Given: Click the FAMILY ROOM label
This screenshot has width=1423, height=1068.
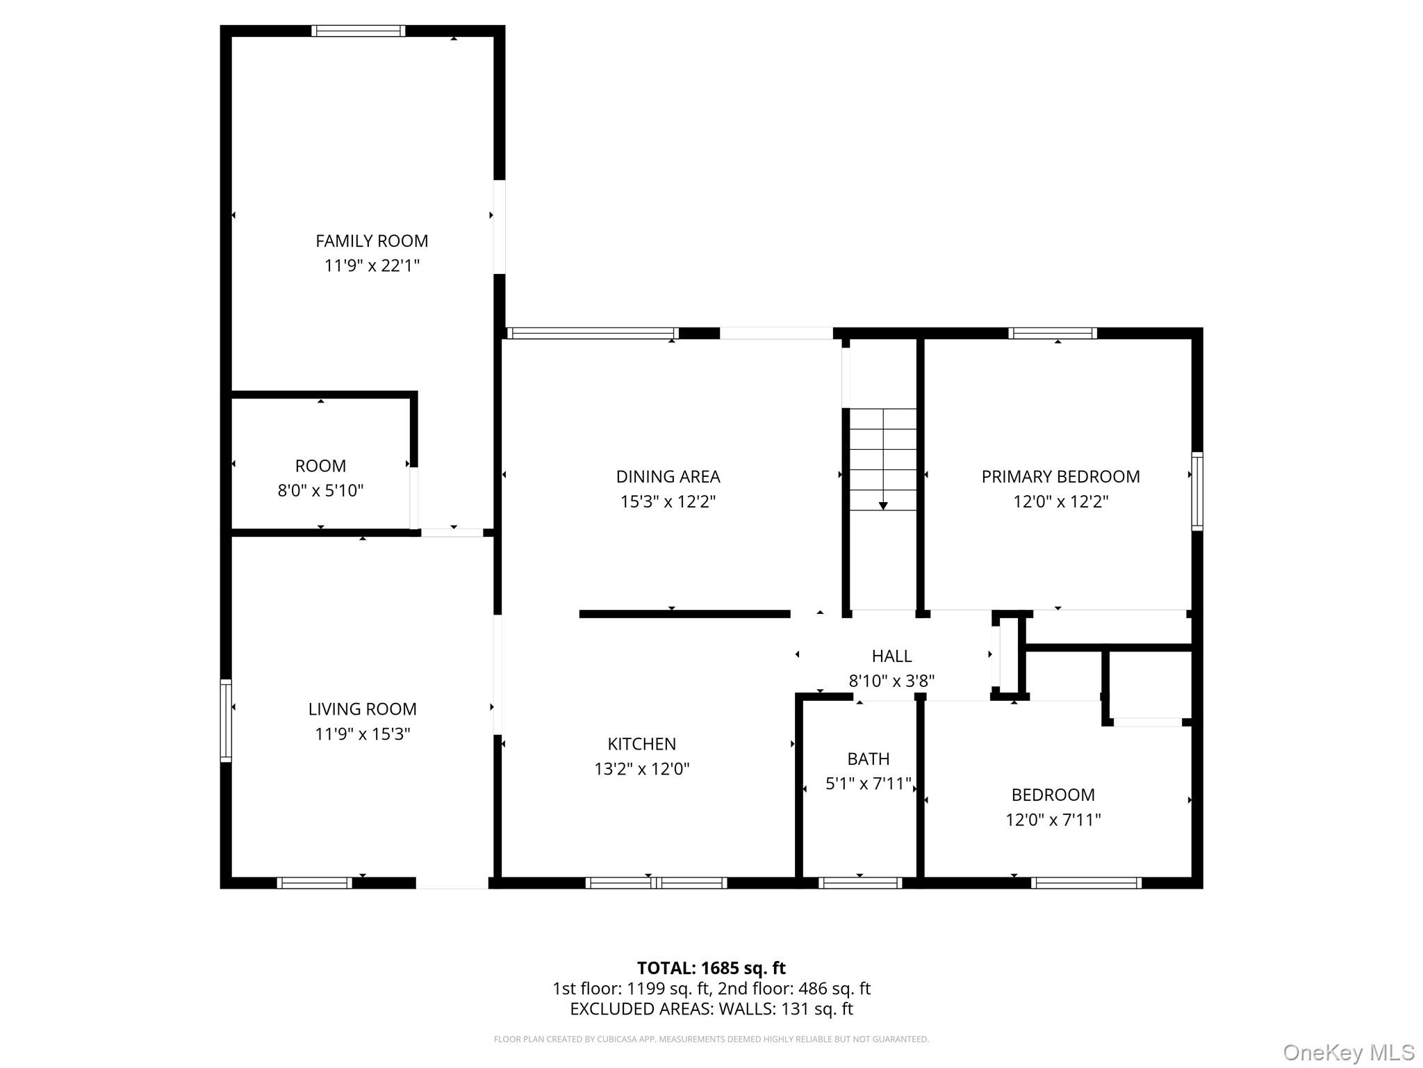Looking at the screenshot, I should pyautogui.click(x=372, y=241).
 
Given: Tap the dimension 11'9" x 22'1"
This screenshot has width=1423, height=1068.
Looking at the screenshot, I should pyautogui.click(x=372, y=266).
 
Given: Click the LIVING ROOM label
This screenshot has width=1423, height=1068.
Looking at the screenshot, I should pyautogui.click(x=362, y=709).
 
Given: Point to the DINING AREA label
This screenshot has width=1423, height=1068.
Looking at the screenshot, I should pyautogui.click(x=668, y=476).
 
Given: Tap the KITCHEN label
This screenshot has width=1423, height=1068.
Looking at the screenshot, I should pyautogui.click(x=641, y=744).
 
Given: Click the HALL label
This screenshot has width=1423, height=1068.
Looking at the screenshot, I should pyautogui.click(x=891, y=656).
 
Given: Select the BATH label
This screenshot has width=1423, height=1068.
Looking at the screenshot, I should pyautogui.click(x=868, y=759).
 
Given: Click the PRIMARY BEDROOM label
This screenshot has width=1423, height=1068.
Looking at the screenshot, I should pyautogui.click(x=1060, y=476).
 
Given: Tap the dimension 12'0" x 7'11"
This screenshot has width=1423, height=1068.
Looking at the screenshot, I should pyautogui.click(x=1053, y=820).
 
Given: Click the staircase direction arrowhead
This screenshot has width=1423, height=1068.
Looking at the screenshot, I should pyautogui.click(x=883, y=505).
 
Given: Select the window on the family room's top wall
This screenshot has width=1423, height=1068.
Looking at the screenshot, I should pyautogui.click(x=358, y=31).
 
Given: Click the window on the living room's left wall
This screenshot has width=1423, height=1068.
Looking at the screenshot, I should pyautogui.click(x=226, y=720).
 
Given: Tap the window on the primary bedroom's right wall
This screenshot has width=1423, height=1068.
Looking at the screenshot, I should pyautogui.click(x=1197, y=491).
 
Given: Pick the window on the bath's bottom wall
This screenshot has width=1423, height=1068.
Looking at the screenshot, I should pyautogui.click(x=860, y=883).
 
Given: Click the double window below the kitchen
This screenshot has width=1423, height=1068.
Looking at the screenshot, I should pyautogui.click(x=656, y=883).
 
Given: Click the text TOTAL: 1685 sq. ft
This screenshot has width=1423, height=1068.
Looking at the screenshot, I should pyautogui.click(x=711, y=968).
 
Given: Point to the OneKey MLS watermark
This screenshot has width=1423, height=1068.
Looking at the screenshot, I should pyautogui.click(x=1348, y=1052).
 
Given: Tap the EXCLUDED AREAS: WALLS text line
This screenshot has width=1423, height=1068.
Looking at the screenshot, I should pyautogui.click(x=711, y=1009).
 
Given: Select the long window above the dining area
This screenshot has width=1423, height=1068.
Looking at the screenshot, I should pyautogui.click(x=593, y=333).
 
